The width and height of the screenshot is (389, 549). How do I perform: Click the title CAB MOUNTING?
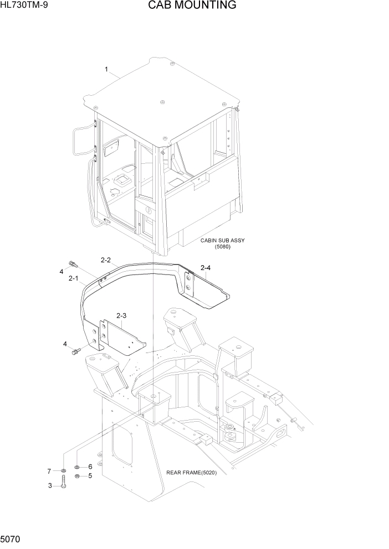pos(192,6)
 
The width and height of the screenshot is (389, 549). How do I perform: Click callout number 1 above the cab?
pos(106,69)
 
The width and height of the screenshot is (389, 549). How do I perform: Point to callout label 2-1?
pos(73,279)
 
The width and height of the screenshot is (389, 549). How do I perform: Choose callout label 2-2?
pos(106,260)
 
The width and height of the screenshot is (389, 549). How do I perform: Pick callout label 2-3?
pos(121,316)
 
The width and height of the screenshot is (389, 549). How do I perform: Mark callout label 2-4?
pos(205,268)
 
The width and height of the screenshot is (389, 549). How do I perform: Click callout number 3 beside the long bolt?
pos(49,486)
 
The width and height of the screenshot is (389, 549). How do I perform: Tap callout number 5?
pos(90,476)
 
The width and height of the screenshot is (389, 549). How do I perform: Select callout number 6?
pos(90,467)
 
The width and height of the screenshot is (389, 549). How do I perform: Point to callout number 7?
pos(49,471)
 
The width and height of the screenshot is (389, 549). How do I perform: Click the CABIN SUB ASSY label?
pos(222,241)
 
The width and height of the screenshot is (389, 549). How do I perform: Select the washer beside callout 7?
pos(64,471)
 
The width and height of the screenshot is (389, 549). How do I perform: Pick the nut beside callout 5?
pos(78,476)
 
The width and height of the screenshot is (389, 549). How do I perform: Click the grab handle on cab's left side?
pos(81,140)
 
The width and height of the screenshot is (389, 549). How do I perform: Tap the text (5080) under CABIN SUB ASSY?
pos(222,247)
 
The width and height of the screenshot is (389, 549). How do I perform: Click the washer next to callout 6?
pos(78,467)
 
